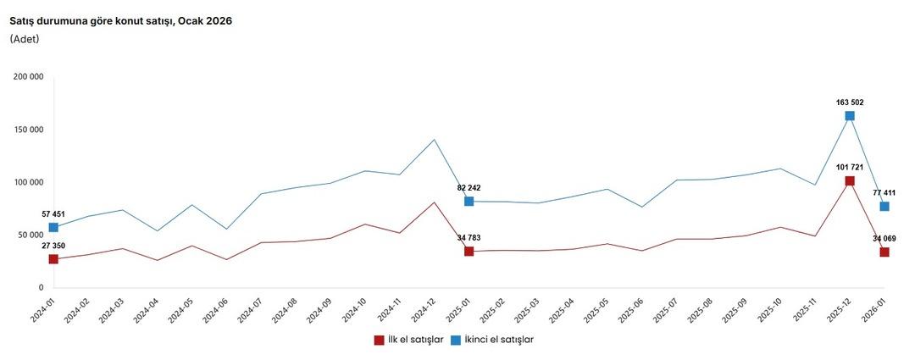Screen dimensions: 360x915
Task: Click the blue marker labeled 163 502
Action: coord(850,116)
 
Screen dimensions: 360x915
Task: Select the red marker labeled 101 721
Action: coord(850,181)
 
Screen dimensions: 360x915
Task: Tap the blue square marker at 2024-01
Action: coord(53,227)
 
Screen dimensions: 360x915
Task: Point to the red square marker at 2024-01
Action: coord(53,259)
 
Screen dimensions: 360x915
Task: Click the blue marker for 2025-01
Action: coord(469,202)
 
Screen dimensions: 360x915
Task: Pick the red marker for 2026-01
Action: coord(884,252)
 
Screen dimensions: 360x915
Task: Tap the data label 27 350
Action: coord(52,246)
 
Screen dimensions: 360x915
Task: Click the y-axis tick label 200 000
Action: coord(29,77)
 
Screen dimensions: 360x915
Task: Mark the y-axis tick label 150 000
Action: coord(29,130)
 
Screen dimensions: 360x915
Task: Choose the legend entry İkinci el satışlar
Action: coord(492,340)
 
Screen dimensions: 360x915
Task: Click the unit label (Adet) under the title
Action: coord(25,38)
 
